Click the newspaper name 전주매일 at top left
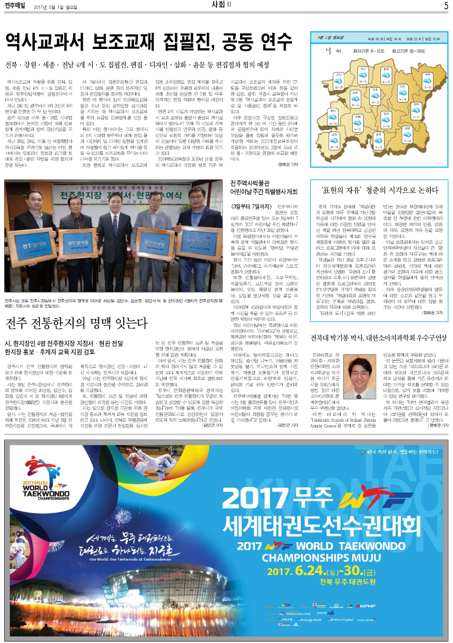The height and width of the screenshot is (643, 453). [x=17, y=6]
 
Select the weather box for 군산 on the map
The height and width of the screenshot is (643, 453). [x=339, y=81]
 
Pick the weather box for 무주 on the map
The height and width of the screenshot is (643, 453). [x=427, y=81]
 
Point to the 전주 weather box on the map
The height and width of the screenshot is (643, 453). [x=375, y=96]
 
